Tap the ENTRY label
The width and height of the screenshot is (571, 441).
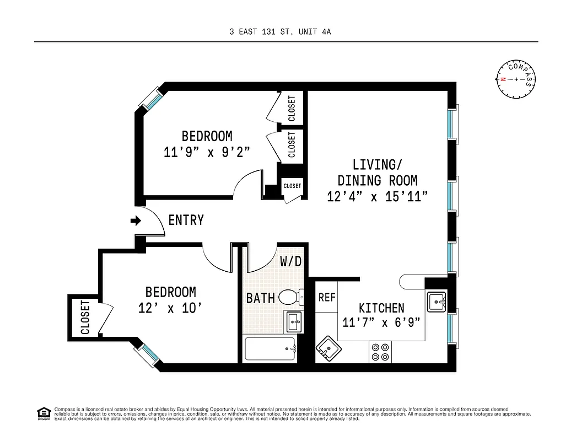pos(186,220)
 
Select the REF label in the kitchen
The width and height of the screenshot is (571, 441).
pos(327,297)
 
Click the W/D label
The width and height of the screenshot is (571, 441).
pos(290,261)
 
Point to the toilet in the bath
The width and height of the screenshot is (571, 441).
pos(290,298)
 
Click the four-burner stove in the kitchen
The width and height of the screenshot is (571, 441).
pos(379,352)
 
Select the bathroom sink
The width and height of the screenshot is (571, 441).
pos(293,321)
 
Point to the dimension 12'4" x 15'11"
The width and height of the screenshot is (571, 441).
pos(377,197)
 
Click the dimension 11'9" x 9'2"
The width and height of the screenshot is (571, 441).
pos(207,153)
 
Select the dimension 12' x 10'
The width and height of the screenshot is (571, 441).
pos(170,308)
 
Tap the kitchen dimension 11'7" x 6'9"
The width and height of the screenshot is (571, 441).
pos(382,323)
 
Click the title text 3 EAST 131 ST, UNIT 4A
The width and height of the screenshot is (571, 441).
pos(280,32)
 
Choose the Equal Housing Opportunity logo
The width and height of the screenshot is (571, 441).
pos(42,413)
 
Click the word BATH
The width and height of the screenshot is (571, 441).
pos(260,298)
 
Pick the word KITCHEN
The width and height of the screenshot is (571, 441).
pos(381,308)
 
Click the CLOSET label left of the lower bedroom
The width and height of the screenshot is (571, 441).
pos(85,318)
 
